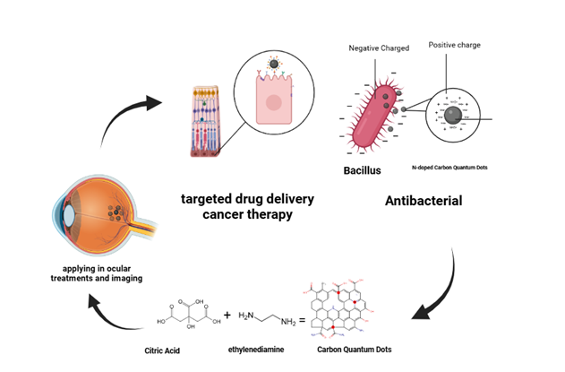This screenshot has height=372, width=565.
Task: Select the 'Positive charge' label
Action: pyautogui.click(x=455, y=44)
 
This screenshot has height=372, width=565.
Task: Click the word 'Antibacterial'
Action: pyautogui.click(x=424, y=201)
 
